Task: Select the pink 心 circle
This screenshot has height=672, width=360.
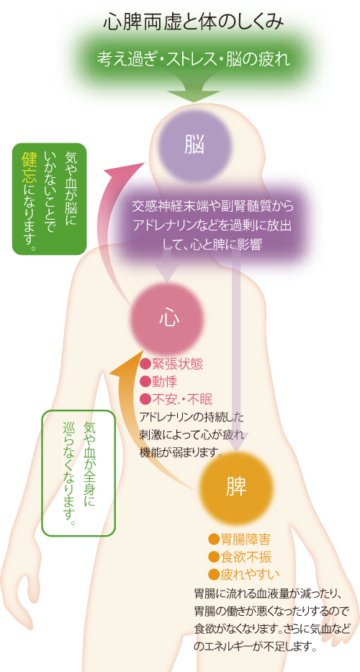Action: click(168, 320)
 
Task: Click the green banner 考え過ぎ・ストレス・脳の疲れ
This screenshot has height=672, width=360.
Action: click(193, 59)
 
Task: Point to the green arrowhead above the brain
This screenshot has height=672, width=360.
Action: click(193, 96)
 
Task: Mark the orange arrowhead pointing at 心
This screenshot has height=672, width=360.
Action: click(125, 362)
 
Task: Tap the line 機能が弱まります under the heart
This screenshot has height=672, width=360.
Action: click(180, 452)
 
